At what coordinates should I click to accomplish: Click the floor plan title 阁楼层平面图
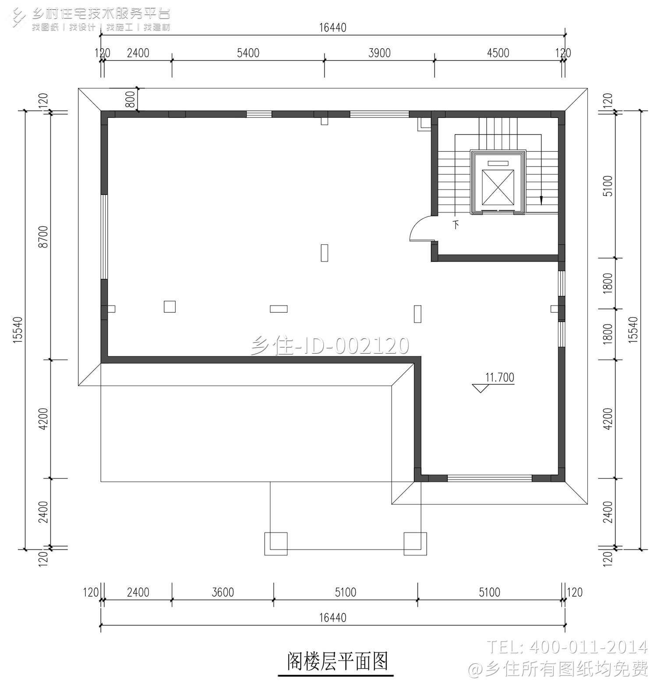[337, 661]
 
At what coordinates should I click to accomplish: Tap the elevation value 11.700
[499, 377]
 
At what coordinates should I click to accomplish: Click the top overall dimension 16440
[332, 28]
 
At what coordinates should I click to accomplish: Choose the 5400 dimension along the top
[248, 53]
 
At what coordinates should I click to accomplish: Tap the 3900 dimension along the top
[379, 53]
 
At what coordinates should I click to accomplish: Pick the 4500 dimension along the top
[498, 53]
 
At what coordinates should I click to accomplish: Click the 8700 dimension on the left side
[43, 237]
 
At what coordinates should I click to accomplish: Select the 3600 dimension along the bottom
[223, 592]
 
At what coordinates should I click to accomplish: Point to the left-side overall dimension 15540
[18, 329]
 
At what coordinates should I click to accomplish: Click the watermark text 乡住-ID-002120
[330, 346]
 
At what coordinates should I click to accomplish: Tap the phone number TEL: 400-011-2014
[567, 647]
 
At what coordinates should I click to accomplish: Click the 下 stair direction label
[456, 225]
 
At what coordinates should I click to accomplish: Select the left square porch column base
[276, 544]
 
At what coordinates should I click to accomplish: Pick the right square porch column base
[415, 544]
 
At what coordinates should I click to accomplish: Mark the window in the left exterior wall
[104, 237]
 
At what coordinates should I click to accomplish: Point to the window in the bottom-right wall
[489, 478]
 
